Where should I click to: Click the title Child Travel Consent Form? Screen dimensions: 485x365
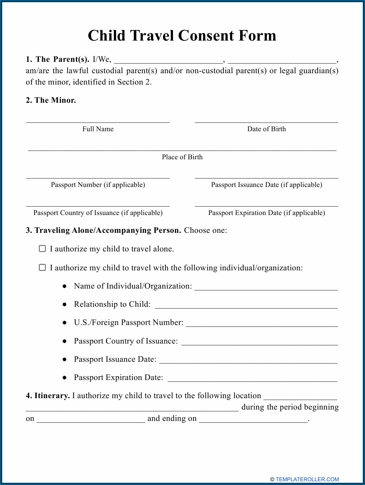182,36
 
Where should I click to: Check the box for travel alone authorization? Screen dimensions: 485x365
42,249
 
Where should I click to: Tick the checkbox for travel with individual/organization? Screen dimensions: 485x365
42,268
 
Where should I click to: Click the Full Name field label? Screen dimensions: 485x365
98,129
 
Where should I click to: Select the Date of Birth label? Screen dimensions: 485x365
266,129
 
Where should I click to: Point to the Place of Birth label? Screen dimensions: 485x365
182,157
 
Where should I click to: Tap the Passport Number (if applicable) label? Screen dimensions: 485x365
98,185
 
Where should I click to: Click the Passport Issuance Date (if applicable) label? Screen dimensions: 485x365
266,185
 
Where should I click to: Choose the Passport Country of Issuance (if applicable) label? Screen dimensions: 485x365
98,213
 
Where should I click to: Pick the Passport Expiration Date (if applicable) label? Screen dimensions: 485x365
266,213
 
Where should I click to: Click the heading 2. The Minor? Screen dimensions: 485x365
51,100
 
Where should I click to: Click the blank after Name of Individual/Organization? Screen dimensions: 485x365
266,287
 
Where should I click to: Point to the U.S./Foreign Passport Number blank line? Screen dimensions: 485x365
261,324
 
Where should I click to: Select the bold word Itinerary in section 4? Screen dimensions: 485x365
52,396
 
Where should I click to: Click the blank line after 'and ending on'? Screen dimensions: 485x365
253,420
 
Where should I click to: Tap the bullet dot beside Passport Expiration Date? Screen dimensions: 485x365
65,378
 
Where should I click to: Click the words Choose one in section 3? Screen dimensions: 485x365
205,231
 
